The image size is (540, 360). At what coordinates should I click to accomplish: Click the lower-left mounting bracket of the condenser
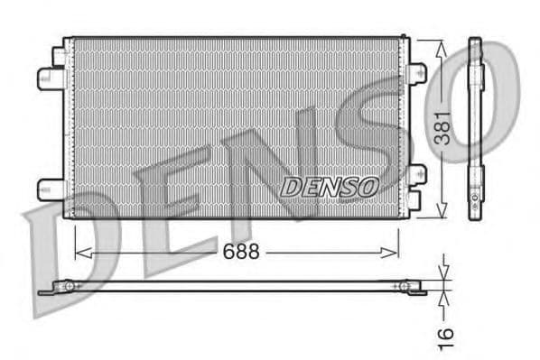pos(52,189)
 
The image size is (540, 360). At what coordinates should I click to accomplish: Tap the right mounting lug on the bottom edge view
pos(410,288)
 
